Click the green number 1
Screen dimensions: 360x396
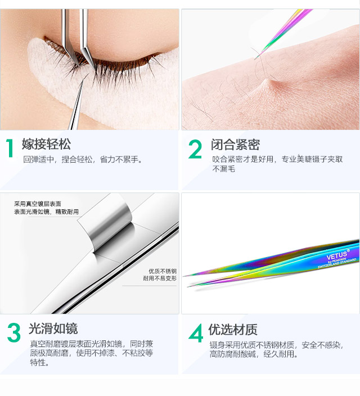coord(10,148)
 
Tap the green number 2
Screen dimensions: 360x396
coord(195,148)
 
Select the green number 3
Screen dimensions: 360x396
coord(14,332)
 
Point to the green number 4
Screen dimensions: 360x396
coord(196,333)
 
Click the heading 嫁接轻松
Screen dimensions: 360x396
coord(46,144)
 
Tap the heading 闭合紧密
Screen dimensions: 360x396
coord(235,145)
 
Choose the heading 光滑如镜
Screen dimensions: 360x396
coord(53,328)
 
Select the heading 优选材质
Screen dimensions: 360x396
coord(233,329)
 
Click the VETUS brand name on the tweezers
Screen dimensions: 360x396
coord(337,255)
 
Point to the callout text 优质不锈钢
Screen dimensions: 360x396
coord(163,271)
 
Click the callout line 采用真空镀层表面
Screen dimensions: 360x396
coord(38,204)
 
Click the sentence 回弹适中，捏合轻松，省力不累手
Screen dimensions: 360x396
coord(83,160)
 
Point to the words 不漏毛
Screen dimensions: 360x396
coord(223,169)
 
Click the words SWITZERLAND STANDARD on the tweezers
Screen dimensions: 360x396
coord(337,263)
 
